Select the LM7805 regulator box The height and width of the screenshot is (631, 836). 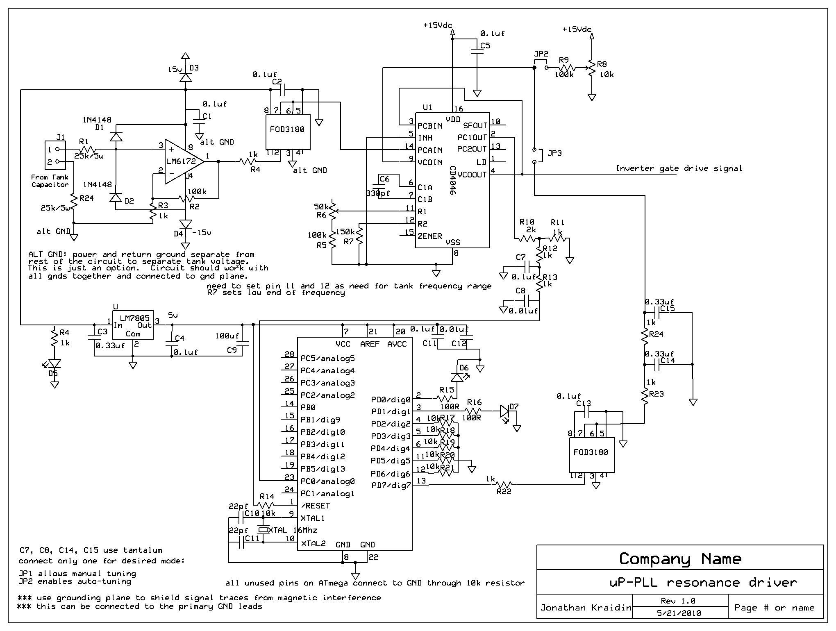[133, 325]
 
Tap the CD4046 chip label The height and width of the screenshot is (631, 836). [452, 180]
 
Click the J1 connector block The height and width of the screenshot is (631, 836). [55, 156]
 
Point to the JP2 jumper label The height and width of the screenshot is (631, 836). [541, 54]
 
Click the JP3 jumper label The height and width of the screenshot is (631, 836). [554, 153]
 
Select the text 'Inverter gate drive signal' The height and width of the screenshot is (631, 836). [679, 168]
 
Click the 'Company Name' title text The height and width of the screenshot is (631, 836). [680, 559]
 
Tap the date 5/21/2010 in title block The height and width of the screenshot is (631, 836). [679, 613]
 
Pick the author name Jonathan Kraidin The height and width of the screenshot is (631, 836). [586, 608]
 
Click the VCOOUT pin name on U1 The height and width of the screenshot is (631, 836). [472, 175]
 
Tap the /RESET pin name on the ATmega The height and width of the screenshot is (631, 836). [315, 506]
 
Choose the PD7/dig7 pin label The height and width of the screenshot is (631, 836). [391, 486]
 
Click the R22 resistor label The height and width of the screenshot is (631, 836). [504, 492]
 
